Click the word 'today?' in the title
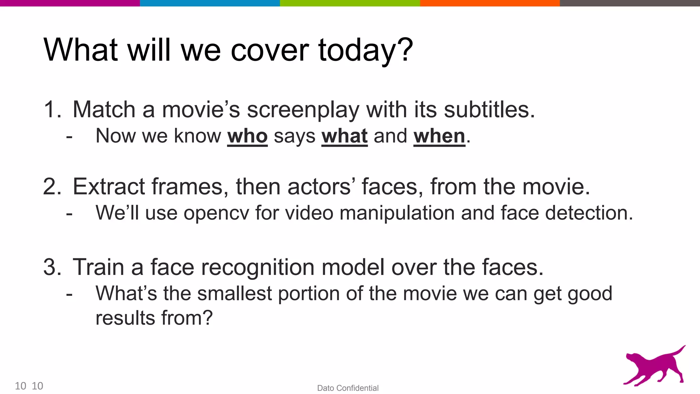point(365,51)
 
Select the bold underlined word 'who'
point(247,136)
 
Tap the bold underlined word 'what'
point(345,136)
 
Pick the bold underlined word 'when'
point(439,136)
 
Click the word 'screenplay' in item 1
point(303,110)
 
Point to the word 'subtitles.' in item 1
point(489,110)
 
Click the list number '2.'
point(52,187)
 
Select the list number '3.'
point(52,267)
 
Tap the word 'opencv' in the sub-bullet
point(216,213)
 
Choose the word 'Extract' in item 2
point(109,187)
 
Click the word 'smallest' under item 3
point(234,293)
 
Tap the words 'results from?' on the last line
point(154,318)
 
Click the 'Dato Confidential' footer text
point(348,388)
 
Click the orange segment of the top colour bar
point(489,3)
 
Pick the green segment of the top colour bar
point(350,3)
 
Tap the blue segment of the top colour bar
point(210,3)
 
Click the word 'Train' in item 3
point(98,267)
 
